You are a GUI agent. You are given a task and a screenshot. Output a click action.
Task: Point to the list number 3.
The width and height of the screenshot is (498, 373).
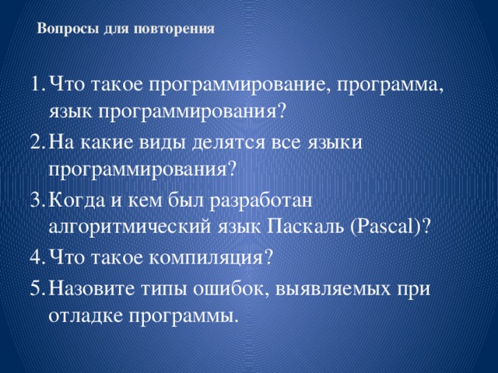33,201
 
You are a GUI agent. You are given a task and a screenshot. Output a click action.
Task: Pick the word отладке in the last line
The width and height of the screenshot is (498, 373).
83,318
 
